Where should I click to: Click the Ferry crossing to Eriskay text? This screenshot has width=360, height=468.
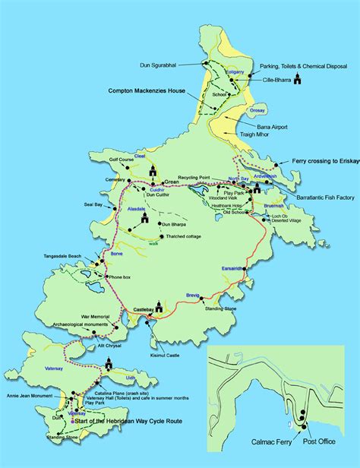pyautogui.click(x=319, y=162)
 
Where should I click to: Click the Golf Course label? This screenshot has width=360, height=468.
pyautogui.click(x=121, y=161)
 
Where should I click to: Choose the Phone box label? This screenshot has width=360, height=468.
pyautogui.click(x=127, y=277)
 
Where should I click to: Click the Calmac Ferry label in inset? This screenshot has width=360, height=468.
pyautogui.click(x=267, y=440)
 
